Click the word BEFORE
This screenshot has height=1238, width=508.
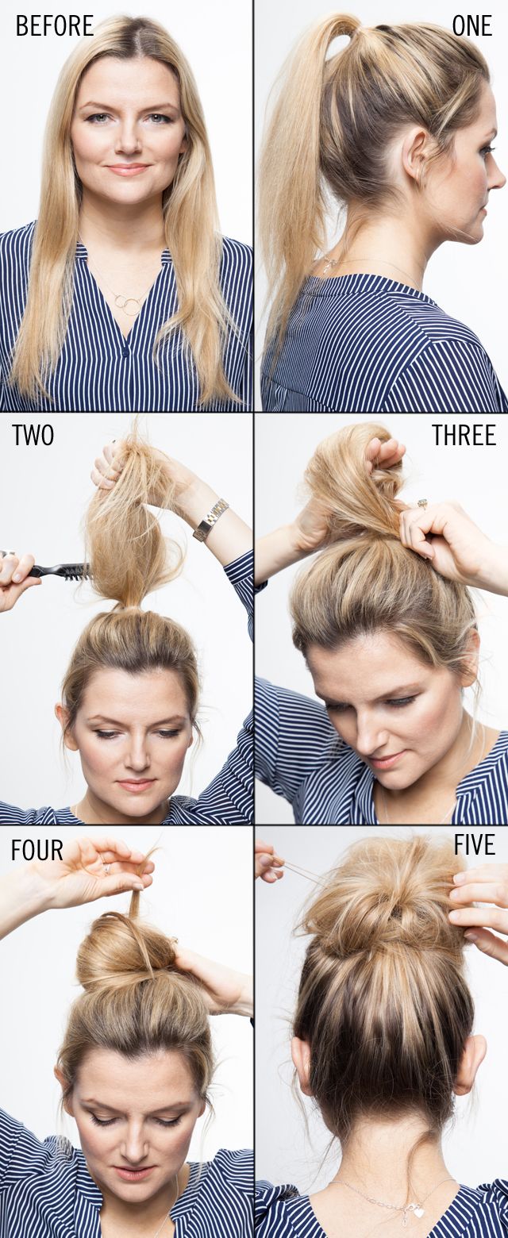tap(54, 26)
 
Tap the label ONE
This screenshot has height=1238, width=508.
tap(471, 26)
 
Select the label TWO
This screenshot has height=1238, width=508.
tap(33, 436)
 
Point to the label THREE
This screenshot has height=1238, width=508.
tap(464, 435)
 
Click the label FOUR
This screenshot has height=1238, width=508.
tap(37, 851)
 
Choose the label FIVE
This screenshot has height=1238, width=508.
tap(475, 845)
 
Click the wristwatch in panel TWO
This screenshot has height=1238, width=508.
tap(210, 520)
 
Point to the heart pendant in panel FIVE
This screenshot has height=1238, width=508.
tap(418, 1212)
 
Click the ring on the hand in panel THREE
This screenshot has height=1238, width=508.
tap(421, 504)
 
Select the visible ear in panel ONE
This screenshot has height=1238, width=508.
tap(414, 155)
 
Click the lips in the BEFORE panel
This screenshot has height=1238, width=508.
tap(128, 169)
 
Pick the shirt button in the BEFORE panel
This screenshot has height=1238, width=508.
tap(125, 350)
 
